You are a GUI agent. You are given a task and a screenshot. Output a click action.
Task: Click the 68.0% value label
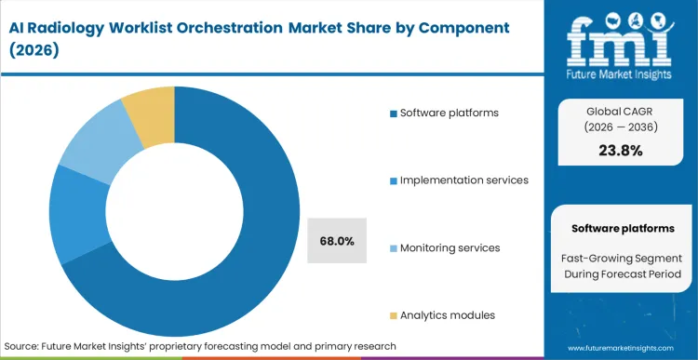click(x=336, y=241)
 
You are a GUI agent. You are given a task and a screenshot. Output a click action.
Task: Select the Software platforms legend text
click(x=450, y=113)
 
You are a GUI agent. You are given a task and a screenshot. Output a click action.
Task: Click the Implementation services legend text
click(x=464, y=180)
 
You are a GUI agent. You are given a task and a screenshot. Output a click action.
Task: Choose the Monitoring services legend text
click(x=450, y=247)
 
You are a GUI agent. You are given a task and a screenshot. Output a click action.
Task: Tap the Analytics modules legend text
click(x=447, y=314)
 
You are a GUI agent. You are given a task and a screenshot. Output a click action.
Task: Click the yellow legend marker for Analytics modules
click(x=394, y=315)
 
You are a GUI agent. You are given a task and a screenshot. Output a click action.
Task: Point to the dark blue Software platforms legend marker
click(x=394, y=113)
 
